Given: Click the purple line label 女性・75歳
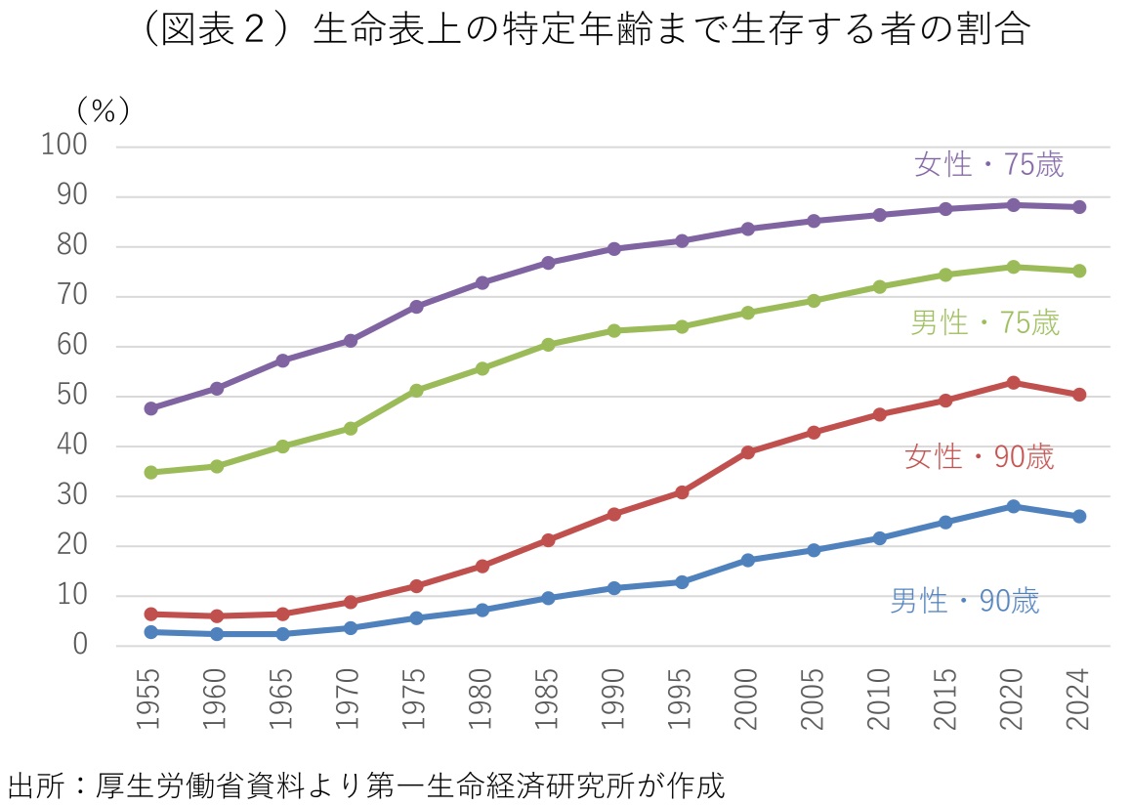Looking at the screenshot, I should pyautogui.click(x=988, y=164).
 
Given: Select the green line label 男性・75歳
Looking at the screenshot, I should pyautogui.click(x=984, y=322).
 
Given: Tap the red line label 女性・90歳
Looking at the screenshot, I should pyautogui.click(x=980, y=456).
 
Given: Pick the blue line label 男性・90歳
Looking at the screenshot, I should pyautogui.click(x=965, y=601).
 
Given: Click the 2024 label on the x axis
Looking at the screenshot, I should pyautogui.click(x=1079, y=700).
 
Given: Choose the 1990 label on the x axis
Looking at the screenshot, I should pyautogui.click(x=615, y=700).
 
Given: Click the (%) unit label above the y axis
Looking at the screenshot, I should pyautogui.click(x=102, y=109).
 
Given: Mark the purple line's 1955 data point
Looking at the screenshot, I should pyautogui.click(x=151, y=408).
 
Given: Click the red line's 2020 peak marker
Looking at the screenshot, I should pyautogui.click(x=1013, y=383).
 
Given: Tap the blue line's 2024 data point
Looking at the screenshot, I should pyautogui.click(x=1079, y=516).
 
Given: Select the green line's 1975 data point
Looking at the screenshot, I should pyautogui.click(x=416, y=390).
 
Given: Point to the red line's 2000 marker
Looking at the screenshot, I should pyautogui.click(x=747, y=452).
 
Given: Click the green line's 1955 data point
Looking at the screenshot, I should pyautogui.click(x=151, y=472).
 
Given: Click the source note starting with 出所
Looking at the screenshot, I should pyautogui.click(x=366, y=785).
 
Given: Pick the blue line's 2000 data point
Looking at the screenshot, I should pyautogui.click(x=747, y=560).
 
